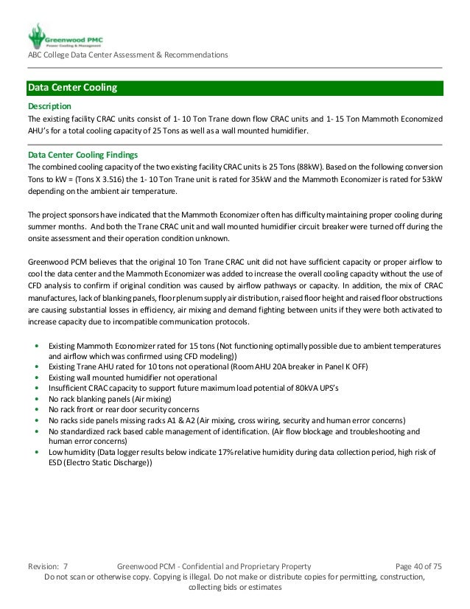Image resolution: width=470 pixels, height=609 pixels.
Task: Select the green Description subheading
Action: [x=49, y=105]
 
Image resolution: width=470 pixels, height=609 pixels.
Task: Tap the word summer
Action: [x=42, y=226]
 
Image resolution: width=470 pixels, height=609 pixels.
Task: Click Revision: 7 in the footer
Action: [x=48, y=565]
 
